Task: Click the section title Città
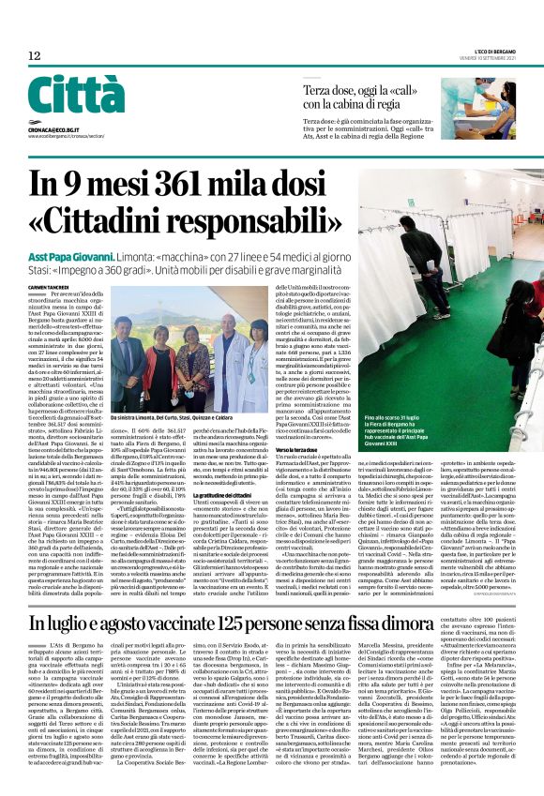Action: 76,95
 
